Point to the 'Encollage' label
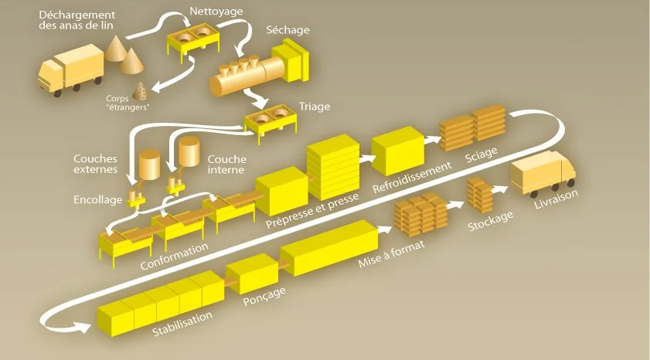pyautogui.click(x=97, y=199)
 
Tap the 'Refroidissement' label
pyautogui.click(x=410, y=178)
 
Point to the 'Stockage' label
pyautogui.click(x=490, y=220)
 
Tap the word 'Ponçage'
pyautogui.click(x=264, y=293)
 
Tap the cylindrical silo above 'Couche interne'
pyautogui.click(x=189, y=152)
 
